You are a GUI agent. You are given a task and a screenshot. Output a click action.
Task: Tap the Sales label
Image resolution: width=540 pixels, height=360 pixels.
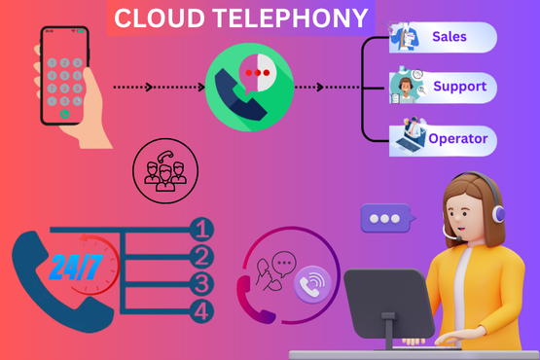[450, 38]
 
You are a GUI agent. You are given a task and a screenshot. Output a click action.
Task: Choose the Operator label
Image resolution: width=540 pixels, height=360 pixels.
[457, 139]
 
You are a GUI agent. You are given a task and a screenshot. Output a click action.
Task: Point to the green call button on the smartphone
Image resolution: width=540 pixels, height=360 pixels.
[64, 113]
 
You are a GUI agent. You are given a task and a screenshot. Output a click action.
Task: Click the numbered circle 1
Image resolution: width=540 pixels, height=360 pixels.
[201, 231]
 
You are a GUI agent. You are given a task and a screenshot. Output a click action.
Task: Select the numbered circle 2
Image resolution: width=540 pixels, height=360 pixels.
[201, 258]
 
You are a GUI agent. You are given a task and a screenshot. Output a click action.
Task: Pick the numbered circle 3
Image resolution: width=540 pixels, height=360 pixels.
[201, 285]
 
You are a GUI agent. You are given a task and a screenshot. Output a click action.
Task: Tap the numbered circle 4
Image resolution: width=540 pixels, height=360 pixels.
[201, 312]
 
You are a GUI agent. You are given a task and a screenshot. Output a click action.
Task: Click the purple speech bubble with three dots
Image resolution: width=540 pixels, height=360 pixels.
[388, 217]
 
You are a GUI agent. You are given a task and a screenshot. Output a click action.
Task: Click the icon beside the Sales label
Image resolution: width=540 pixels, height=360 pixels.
[404, 38]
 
